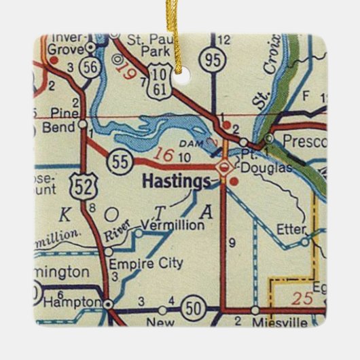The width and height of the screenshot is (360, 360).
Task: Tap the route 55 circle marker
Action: click(x=120, y=161)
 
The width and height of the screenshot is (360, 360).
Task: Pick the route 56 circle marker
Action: click(x=89, y=67)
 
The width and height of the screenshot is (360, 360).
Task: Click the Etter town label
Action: click(x=291, y=230)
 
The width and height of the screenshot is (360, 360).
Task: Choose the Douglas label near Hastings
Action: click(x=252, y=167)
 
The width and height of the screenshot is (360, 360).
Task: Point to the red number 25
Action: click(x=303, y=297)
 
